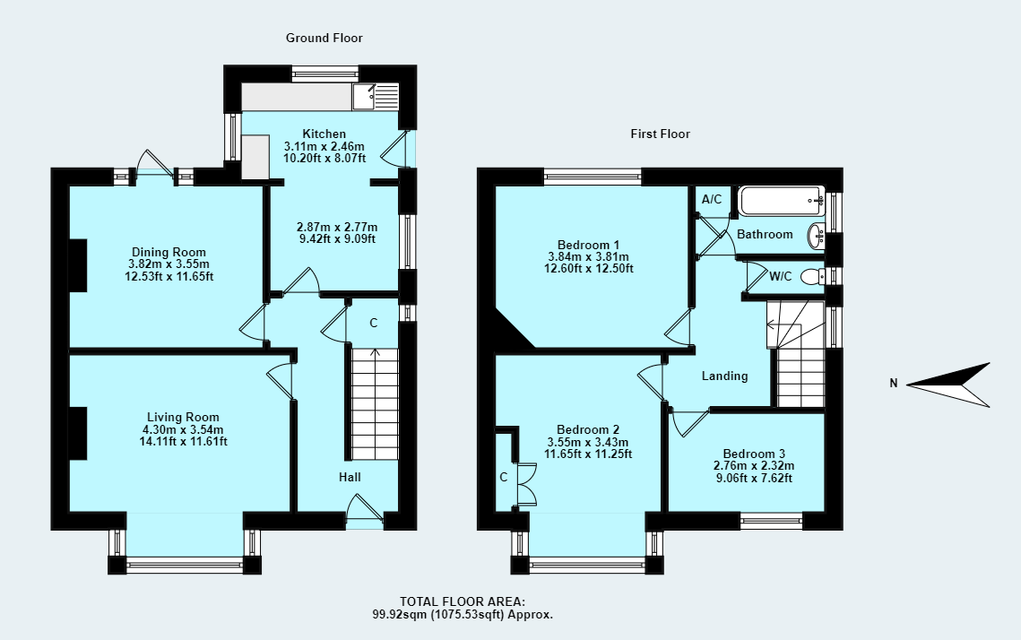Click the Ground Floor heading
(x=324, y=38)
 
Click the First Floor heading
(x=660, y=134)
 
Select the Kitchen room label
(x=324, y=134)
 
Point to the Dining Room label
(x=169, y=252)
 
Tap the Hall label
(x=350, y=477)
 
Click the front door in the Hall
(x=366, y=511)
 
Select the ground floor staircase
(x=373, y=403)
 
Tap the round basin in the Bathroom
(x=817, y=236)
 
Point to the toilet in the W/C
(x=811, y=276)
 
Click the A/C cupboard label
(x=712, y=199)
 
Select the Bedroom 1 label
(x=588, y=245)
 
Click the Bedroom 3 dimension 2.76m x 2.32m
(x=753, y=465)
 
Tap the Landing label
(x=724, y=376)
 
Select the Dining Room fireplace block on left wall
(x=78, y=265)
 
